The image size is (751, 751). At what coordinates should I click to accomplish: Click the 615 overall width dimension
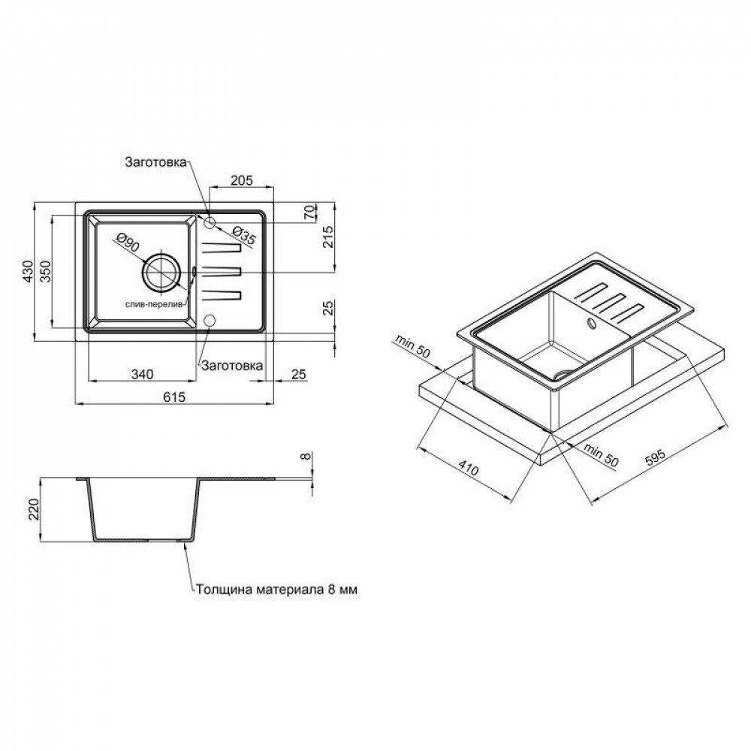pyautogui.click(x=174, y=397)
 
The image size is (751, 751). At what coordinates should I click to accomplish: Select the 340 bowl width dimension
pyautogui.click(x=142, y=373)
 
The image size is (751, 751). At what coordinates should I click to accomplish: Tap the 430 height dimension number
pyautogui.click(x=29, y=271)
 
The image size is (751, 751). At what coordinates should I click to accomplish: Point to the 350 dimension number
pyautogui.click(x=45, y=271)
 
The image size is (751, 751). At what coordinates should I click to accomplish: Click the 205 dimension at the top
pyautogui.click(x=241, y=180)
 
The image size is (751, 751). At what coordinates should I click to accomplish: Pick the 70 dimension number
pyautogui.click(x=310, y=212)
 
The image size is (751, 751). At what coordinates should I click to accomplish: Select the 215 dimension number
pyautogui.click(x=329, y=237)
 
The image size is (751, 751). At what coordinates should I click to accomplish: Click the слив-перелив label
pyautogui.click(x=155, y=305)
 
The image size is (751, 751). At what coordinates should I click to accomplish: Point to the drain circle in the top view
pyautogui.click(x=161, y=272)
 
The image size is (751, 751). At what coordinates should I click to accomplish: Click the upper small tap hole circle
pyautogui.click(x=210, y=222)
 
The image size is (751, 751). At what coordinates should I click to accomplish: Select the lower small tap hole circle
pyautogui.click(x=210, y=320)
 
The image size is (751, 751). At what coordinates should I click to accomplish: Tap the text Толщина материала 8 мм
pyautogui.click(x=276, y=590)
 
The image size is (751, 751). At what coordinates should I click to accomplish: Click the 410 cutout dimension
pyautogui.click(x=468, y=467)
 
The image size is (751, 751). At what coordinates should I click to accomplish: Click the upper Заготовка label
pyautogui.click(x=155, y=162)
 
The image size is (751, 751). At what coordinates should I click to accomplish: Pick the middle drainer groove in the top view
pyautogui.click(x=221, y=271)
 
